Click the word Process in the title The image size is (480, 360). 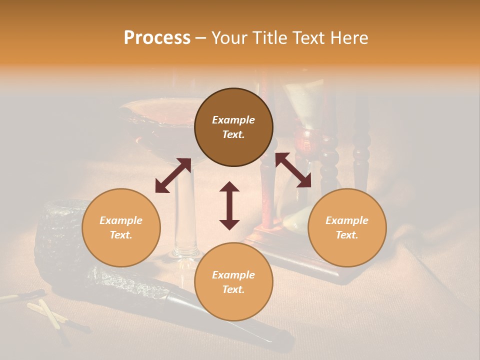pyautogui.click(x=157, y=38)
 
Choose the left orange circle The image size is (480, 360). pyautogui.click(x=121, y=227)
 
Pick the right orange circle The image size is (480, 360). pyautogui.click(x=347, y=227)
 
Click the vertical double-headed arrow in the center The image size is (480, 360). pyautogui.click(x=229, y=205)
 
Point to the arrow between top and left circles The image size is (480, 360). pyautogui.click(x=173, y=175)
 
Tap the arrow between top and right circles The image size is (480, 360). pyautogui.click(x=293, y=170)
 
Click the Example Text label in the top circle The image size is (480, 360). pyautogui.click(x=233, y=127)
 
